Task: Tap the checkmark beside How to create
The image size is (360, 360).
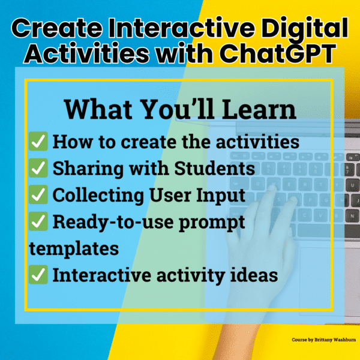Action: [x=39, y=142]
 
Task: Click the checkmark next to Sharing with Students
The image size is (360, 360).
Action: [x=39, y=169]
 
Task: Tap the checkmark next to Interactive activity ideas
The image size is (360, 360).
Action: [x=39, y=275]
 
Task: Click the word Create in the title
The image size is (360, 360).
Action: [x=58, y=29]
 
